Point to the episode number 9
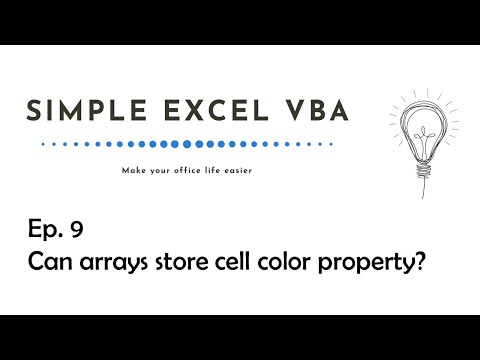pyautogui.click(x=76, y=231)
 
